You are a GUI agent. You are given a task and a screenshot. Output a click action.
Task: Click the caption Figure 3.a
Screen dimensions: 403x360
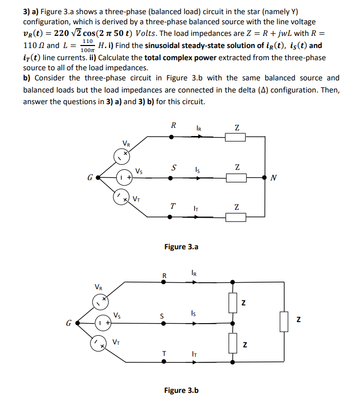point(181,247)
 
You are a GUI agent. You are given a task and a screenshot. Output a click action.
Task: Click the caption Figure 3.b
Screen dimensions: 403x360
point(181,390)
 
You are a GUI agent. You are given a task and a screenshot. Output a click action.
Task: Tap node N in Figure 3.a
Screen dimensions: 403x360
point(265,178)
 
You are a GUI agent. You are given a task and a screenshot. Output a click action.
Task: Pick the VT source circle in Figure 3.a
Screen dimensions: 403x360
point(120,199)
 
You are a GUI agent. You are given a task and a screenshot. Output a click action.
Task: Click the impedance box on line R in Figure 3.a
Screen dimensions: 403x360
point(236,137)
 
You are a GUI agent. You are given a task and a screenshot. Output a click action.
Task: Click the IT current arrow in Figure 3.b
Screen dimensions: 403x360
point(195,362)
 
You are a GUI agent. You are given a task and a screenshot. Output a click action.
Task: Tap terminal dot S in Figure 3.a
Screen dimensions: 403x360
point(170,178)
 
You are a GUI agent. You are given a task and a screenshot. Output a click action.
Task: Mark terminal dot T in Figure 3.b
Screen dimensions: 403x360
point(163,362)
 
